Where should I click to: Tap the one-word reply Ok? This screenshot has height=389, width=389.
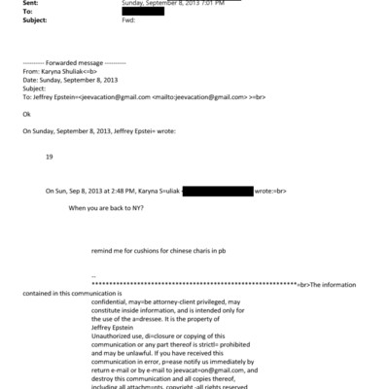point(25,114)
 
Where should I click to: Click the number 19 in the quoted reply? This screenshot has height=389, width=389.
point(50,156)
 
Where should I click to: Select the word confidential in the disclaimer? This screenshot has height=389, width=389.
point(111,301)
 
